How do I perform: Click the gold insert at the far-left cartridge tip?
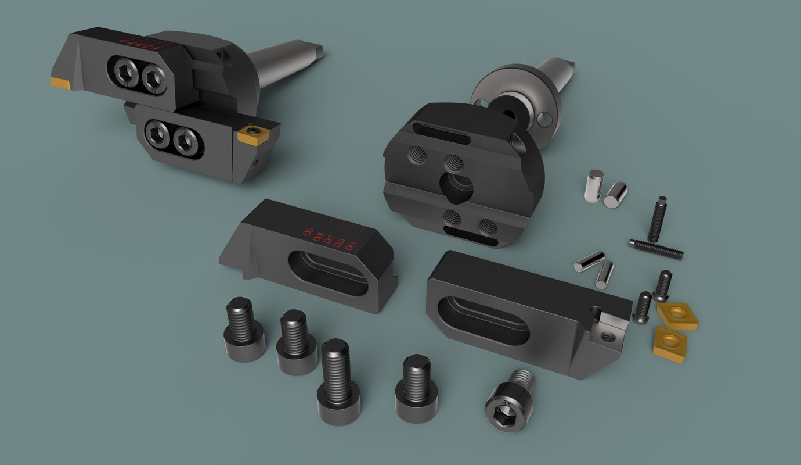[x=60, y=83]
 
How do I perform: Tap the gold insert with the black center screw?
[x=252, y=134]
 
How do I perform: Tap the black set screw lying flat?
[x=656, y=249]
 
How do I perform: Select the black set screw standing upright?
[x=658, y=219]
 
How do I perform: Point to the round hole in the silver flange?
[x=544, y=119]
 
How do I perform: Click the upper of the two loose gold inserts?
[x=677, y=315]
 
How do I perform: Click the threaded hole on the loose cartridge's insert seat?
[x=608, y=336]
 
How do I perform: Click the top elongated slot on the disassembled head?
[x=442, y=133]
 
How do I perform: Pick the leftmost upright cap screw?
[x=244, y=330]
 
